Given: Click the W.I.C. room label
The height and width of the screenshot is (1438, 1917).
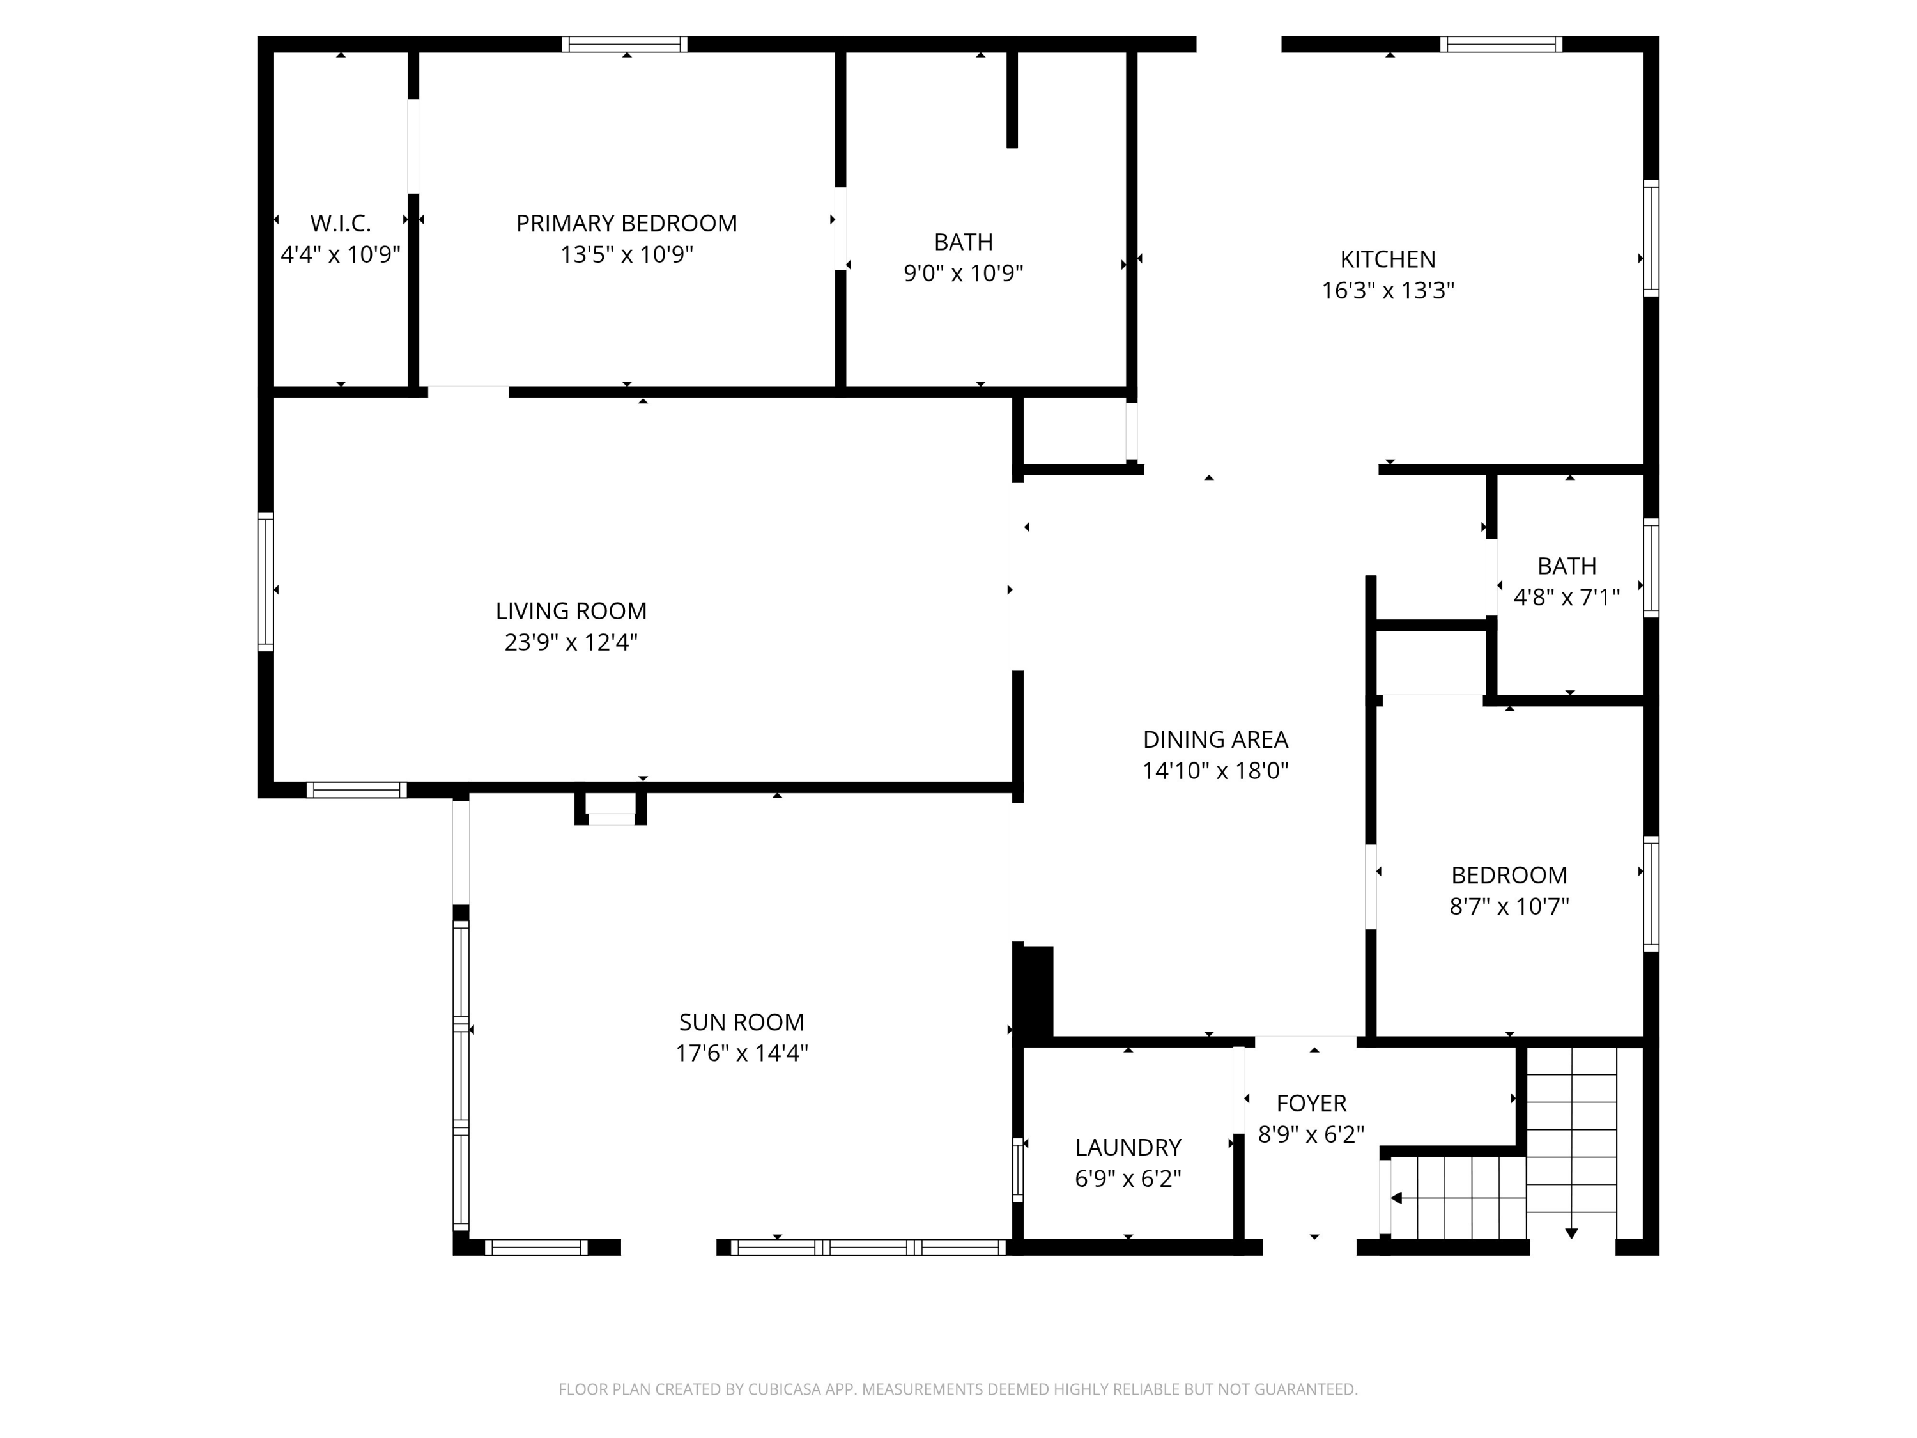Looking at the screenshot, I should point(341,224).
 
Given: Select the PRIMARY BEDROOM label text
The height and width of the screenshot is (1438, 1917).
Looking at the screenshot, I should point(627,224).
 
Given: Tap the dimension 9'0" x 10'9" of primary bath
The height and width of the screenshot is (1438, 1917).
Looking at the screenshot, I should point(963,273).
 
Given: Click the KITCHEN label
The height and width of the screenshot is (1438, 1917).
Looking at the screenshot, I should point(1387,259).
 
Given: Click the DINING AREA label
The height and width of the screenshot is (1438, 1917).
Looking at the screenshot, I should point(1215,739).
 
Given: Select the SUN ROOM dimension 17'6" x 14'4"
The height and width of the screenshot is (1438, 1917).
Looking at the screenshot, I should point(741,1053).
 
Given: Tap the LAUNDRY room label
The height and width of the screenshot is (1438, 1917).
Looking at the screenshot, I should point(1127,1148).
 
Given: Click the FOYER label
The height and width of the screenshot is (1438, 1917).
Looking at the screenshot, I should point(1311,1103).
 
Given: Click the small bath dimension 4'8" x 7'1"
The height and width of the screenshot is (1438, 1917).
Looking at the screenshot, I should point(1566,597).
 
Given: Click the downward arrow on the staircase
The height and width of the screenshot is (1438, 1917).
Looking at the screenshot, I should point(1571,1233).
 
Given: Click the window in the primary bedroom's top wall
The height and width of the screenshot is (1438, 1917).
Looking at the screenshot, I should point(624,44).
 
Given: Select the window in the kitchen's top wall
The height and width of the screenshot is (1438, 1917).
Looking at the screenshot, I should point(1501,44).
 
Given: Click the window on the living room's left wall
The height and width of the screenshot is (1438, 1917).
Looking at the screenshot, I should point(265,581).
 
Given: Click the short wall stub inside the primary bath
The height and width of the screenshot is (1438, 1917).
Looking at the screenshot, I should point(1012,100).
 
